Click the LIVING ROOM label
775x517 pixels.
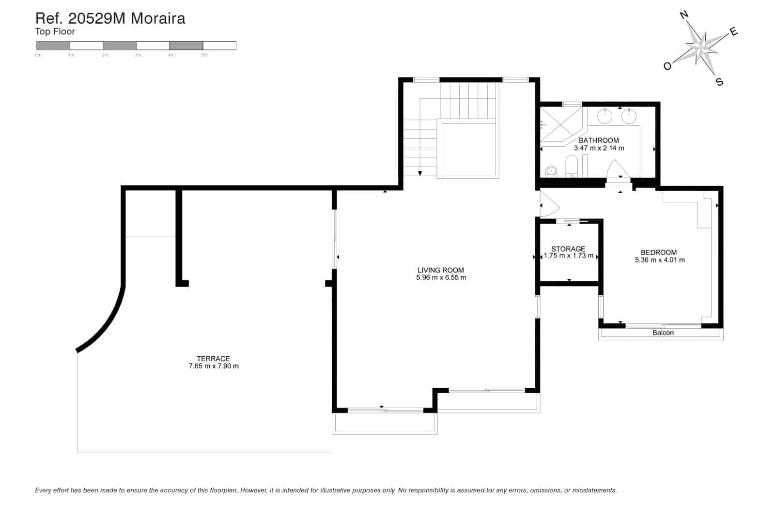[441, 270]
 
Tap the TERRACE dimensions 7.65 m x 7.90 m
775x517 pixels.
[213, 366]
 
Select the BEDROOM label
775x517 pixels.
[659, 252]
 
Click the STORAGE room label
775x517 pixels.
[568, 249]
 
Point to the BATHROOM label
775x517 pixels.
[599, 140]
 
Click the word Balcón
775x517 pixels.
[663, 333]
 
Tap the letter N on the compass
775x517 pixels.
[684, 15]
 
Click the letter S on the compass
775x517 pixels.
[719, 82]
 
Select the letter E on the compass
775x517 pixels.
[734, 32]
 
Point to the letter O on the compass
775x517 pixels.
[667, 66]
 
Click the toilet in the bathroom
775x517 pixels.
[572, 167]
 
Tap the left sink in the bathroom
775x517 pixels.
[604, 116]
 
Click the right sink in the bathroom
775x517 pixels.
[629, 116]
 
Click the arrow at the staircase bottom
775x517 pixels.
[420, 173]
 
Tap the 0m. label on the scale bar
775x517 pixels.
[39, 55]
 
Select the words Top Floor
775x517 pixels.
[55, 32]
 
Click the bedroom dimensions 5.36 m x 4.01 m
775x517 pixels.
[659, 260]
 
